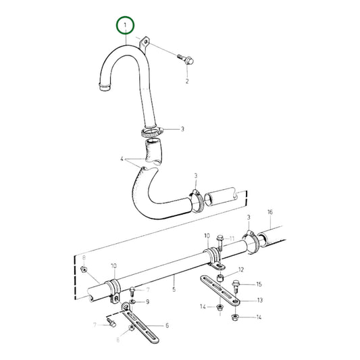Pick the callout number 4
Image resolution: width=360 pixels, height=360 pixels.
pos(122,160)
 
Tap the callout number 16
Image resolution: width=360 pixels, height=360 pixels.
pos(269,212)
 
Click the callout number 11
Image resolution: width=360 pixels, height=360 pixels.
pos(232,238)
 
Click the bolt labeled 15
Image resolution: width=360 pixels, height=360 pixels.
pos(236,286)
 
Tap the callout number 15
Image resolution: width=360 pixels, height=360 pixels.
pos(259,284)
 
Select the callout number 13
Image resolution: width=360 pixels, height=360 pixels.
pos(259,301)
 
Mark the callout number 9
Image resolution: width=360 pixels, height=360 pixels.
pos(147,301)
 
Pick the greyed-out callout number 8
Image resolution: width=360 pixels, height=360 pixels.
pos(84,257)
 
